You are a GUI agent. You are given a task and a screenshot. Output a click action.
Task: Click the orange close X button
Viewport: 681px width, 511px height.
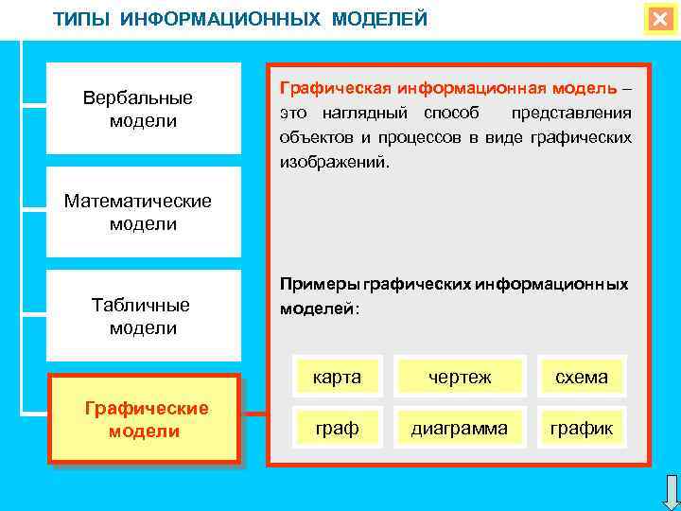(658, 20)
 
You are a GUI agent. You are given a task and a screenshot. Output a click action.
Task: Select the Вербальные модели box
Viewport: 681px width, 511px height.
(143, 109)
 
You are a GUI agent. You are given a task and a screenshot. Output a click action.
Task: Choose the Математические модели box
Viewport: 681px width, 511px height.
(143, 212)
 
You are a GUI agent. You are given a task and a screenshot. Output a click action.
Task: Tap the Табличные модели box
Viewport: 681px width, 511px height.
(143, 316)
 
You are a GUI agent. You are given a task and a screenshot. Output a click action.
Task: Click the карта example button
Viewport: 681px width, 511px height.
(338, 378)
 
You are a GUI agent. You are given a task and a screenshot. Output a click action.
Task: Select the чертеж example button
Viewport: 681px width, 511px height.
(459, 378)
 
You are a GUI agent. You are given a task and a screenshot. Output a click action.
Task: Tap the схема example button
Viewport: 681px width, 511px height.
(582, 378)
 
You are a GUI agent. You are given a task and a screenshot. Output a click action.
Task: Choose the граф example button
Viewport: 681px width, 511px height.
(338, 429)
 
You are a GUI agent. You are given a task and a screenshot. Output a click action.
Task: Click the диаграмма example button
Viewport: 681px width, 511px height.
(459, 429)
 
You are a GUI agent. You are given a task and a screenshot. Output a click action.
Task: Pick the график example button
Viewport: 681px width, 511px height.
(582, 429)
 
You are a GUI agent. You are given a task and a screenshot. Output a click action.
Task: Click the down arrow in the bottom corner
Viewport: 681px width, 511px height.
(670, 492)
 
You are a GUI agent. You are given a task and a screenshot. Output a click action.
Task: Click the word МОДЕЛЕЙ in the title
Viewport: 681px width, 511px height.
(378, 20)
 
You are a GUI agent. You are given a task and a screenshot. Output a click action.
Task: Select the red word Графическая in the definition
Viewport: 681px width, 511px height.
(335, 88)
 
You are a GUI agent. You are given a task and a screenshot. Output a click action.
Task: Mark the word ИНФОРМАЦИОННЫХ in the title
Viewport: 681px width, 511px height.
(221, 20)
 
